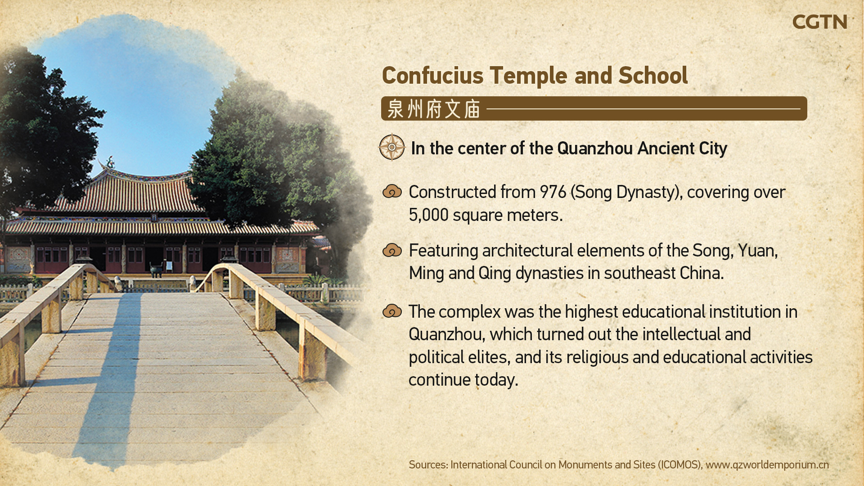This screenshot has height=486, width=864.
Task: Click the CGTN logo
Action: click(819, 22)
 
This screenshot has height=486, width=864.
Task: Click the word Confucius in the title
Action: click(432, 75)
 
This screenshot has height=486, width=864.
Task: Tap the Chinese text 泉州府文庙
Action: click(433, 109)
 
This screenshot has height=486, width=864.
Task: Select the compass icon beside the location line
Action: click(392, 147)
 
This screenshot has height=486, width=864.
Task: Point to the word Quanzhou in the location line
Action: click(595, 148)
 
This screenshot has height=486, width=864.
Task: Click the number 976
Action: click(553, 192)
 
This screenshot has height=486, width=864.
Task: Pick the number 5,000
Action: click(428, 215)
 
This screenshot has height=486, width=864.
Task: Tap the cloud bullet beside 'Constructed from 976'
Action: click(392, 191)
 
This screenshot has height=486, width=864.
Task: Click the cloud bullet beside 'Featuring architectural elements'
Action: click(392, 250)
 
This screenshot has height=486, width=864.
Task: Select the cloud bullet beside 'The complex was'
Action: click(392, 311)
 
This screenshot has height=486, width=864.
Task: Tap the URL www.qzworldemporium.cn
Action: click(767, 465)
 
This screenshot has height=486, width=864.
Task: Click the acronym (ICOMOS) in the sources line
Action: click(680, 465)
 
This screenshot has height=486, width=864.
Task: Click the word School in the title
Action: click(653, 75)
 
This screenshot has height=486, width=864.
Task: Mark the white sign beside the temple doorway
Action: click(169, 265)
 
